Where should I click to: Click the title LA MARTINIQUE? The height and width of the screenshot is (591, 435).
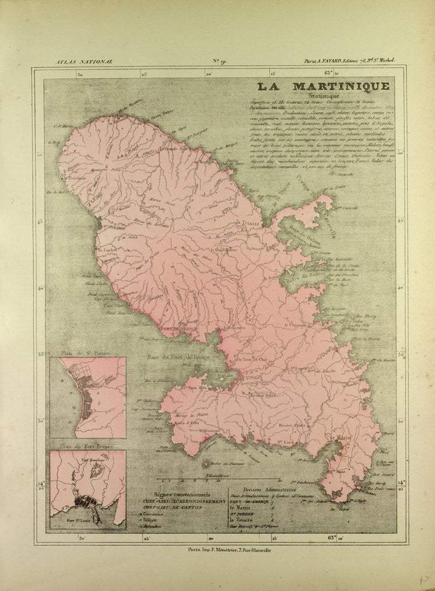point(324,87)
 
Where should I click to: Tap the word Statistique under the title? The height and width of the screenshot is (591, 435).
point(325,97)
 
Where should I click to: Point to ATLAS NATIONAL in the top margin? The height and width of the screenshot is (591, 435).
point(84,61)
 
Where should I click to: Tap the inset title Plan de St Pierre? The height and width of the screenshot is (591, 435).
point(87,351)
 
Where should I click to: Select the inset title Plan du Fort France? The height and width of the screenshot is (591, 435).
point(87,446)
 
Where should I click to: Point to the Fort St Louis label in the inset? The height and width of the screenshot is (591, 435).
point(78,520)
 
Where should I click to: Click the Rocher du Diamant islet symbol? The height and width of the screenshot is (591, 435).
point(207,463)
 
